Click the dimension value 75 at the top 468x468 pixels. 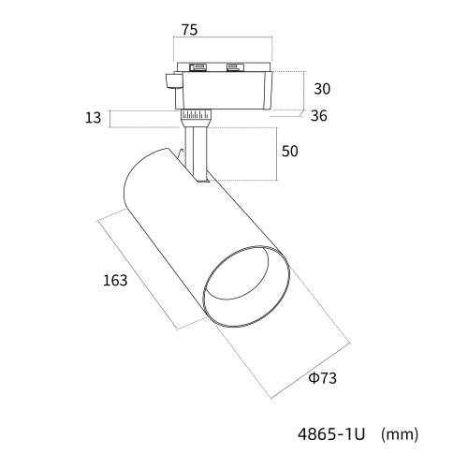pos(190,30)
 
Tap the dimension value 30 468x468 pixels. pos(322,89)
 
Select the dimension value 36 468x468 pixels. pos(319,116)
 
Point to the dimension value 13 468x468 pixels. pos(94,118)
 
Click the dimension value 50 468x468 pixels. pos(290,152)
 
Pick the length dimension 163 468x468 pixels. pos(115,281)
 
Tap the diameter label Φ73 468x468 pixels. pos(323,378)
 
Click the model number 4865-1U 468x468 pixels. pos(331,434)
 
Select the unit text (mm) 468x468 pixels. pos(400,434)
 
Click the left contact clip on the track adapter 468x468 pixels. pos(197,66)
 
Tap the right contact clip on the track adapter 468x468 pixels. pos(235,66)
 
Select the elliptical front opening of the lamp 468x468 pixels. pos(246,286)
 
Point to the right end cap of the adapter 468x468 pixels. pos(268,91)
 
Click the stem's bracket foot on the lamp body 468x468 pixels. pos(203,180)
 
